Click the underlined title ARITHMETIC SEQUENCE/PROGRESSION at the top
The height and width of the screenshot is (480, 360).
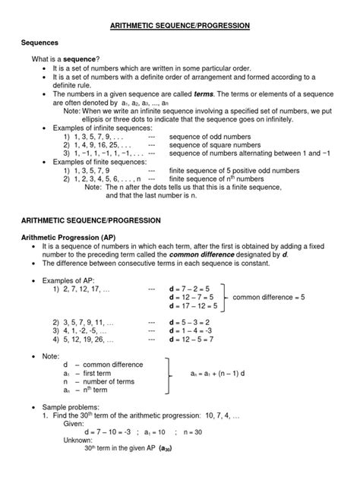tap(180, 25)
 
